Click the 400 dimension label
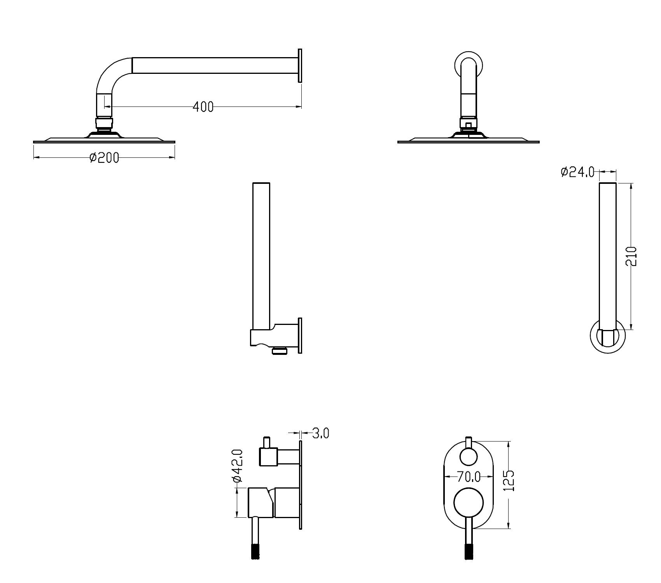pos(203,106)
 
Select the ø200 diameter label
pos(104,157)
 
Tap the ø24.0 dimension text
pos(577,171)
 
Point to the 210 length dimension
pos(631,256)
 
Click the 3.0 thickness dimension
pos(320,433)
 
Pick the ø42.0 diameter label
pos(238,466)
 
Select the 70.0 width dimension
pos(469,476)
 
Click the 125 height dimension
pos(509,480)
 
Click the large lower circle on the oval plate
pos(469,503)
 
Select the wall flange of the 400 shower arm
pos(300,65)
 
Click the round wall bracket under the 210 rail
pos(608,337)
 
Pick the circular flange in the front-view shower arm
pos(469,65)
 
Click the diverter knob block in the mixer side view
pos(268,456)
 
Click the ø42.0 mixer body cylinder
pos(261,503)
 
